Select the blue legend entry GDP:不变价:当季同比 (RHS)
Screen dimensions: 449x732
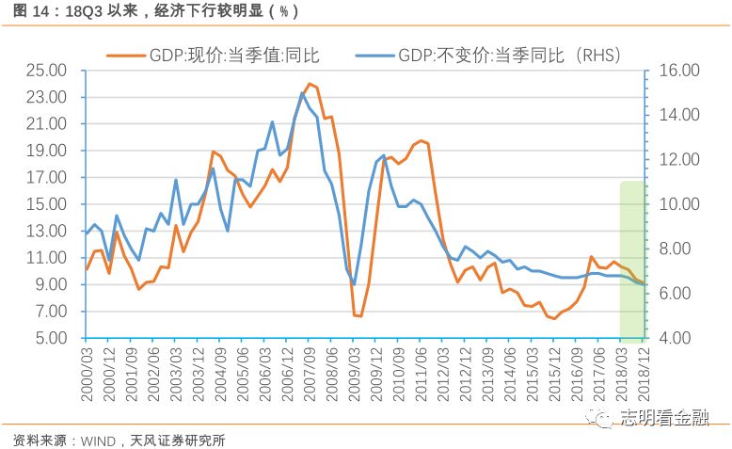(489, 56)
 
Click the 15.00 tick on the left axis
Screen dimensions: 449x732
(46, 204)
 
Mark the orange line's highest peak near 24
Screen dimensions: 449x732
(309, 84)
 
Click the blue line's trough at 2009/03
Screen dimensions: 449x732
(355, 284)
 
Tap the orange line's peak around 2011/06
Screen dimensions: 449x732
(421, 140)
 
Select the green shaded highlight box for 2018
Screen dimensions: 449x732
(631, 259)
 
